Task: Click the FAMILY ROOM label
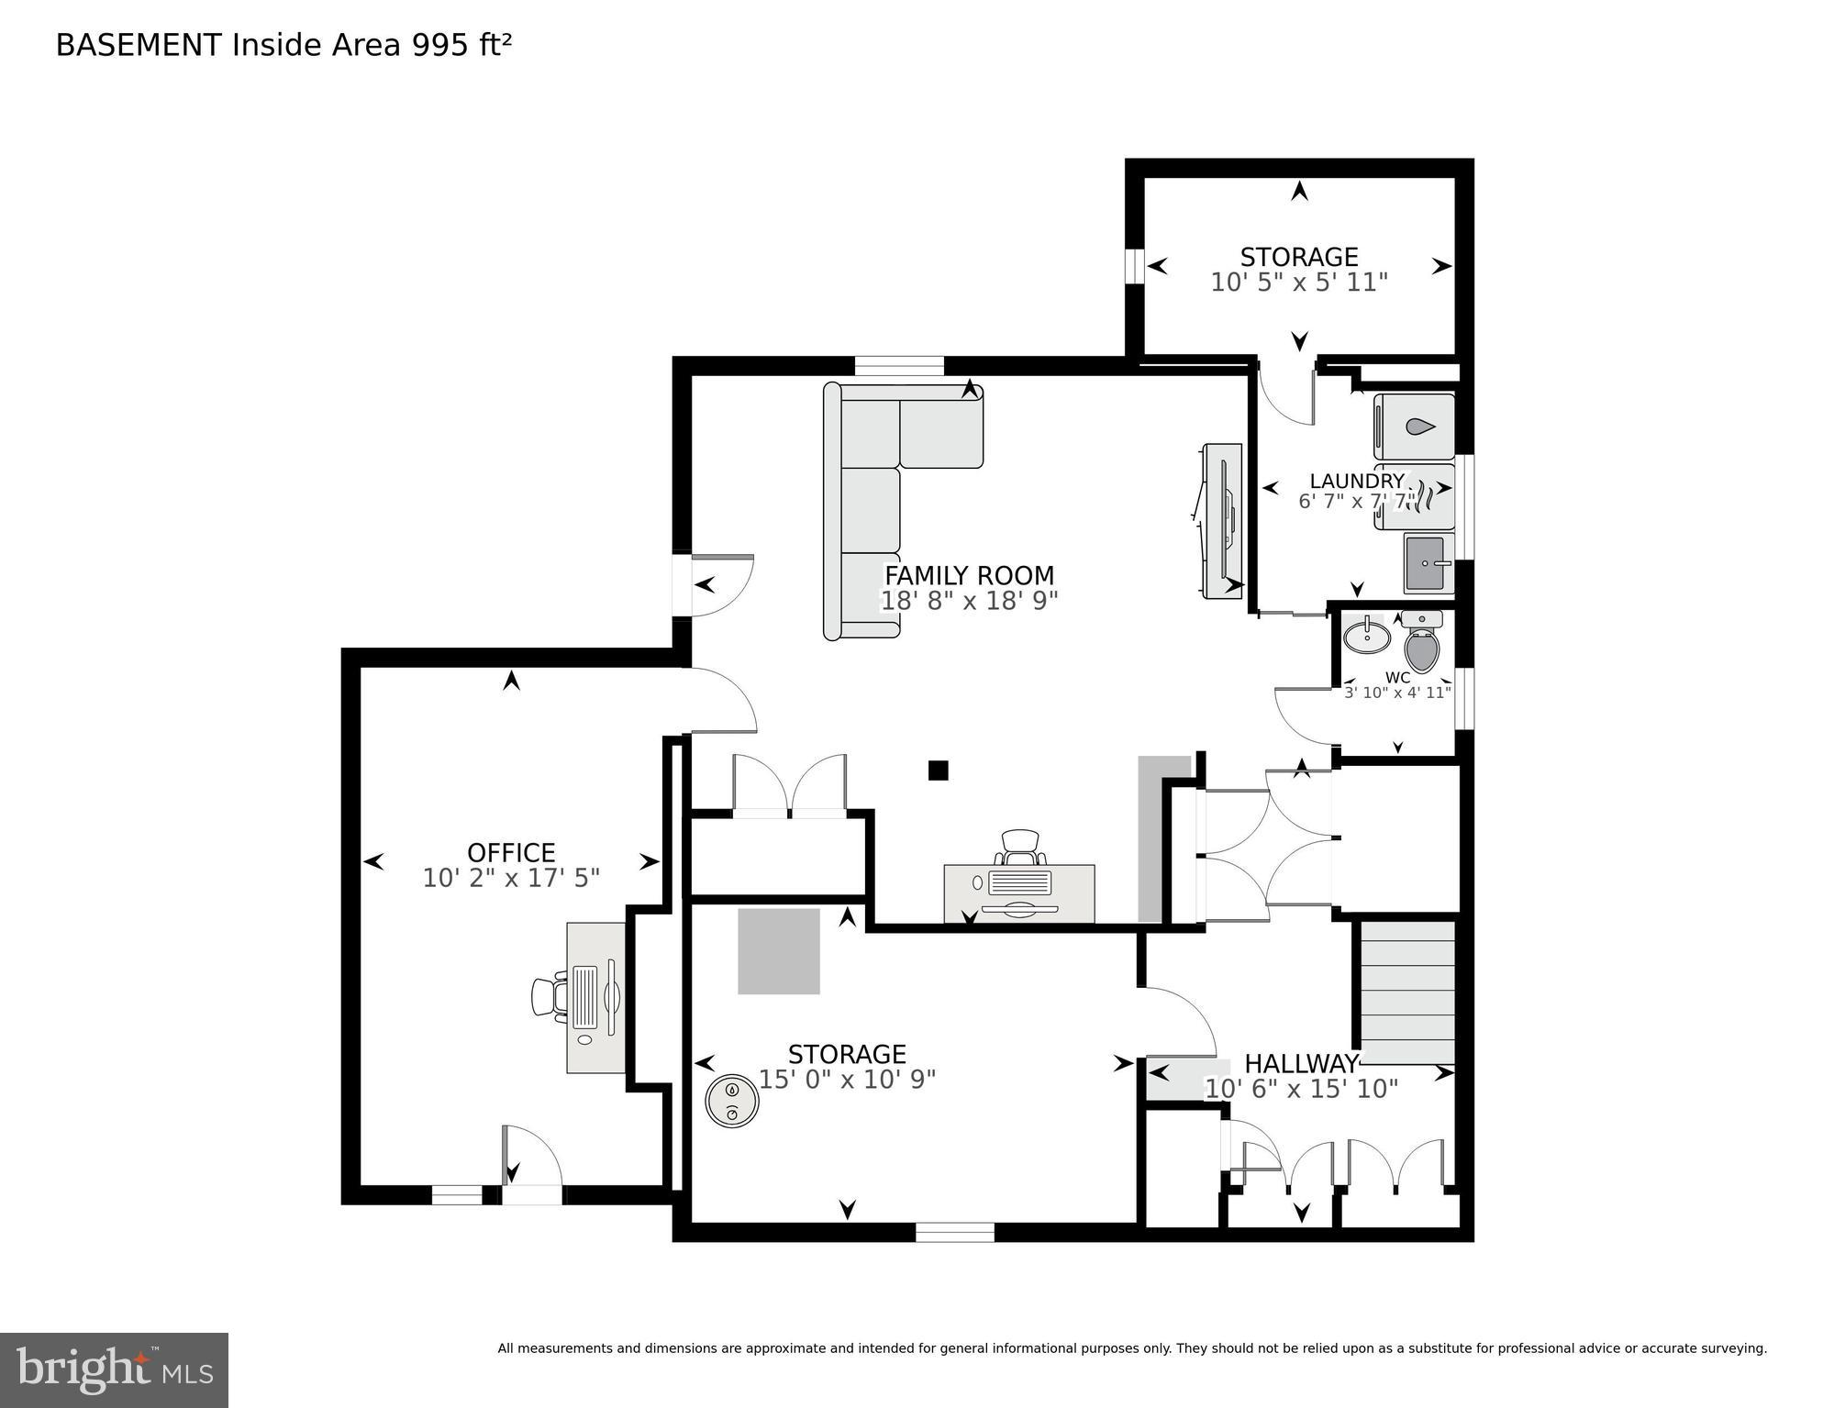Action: (x=969, y=576)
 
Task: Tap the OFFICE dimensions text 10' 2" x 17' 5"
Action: (x=511, y=878)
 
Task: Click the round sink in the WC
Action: (x=1367, y=636)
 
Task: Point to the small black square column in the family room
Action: (x=938, y=771)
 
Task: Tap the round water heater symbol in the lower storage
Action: (x=731, y=1100)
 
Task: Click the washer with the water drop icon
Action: (x=1415, y=427)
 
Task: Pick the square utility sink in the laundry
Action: (x=1428, y=562)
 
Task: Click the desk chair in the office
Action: (x=547, y=997)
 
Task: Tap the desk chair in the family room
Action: (x=1019, y=848)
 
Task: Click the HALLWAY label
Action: (x=1300, y=1064)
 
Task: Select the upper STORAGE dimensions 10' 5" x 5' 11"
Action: (x=1298, y=283)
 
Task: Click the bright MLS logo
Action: (x=114, y=1369)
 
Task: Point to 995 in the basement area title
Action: (x=439, y=46)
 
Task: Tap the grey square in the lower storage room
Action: (x=779, y=951)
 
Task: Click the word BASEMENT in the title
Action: (x=139, y=46)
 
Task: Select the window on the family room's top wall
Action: (x=898, y=366)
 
